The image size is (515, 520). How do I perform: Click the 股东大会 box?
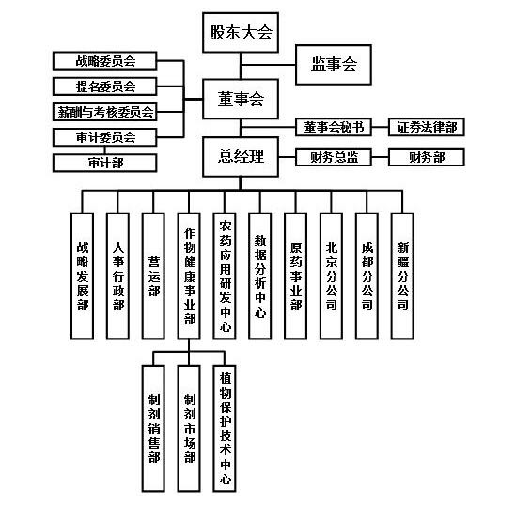pos(241,33)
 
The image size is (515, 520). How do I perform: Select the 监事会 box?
pos(334,65)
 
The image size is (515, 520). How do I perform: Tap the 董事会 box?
pos(241,99)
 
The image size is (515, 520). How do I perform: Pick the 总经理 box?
pos(241,156)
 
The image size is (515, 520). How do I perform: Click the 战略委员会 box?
pos(104,61)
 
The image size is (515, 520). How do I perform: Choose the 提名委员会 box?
pos(104,87)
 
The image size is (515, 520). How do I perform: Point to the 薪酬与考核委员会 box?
pos(104,112)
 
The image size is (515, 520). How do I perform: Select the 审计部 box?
pos(104,163)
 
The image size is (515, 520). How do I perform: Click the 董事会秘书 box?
pos(334,127)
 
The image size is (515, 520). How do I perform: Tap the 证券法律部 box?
pos(427,127)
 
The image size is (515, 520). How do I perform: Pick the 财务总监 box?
pos(334,157)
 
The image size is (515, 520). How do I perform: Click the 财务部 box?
pos(427,157)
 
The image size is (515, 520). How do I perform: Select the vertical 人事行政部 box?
pos(117,276)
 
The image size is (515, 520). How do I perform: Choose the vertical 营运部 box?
pos(153,276)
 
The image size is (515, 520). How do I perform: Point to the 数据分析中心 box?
pos(259,276)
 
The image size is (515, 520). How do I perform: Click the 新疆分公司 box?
pos(402,276)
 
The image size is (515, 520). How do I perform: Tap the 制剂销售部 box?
pos(153,428)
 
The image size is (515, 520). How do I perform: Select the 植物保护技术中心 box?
pos(225,428)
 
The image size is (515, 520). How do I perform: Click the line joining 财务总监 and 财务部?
pos(380,157)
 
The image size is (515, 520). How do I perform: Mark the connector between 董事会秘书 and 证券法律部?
pos(380,127)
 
